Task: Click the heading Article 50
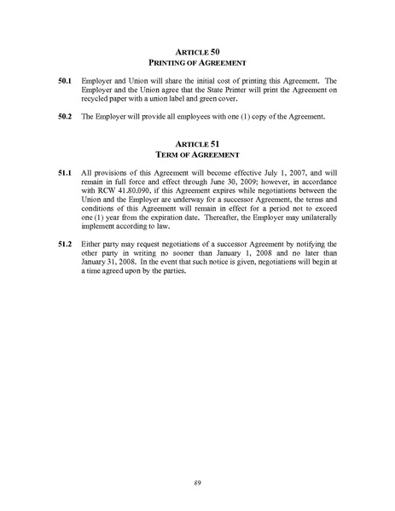(197, 51)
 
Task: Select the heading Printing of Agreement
(197, 63)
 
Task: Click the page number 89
(197, 482)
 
